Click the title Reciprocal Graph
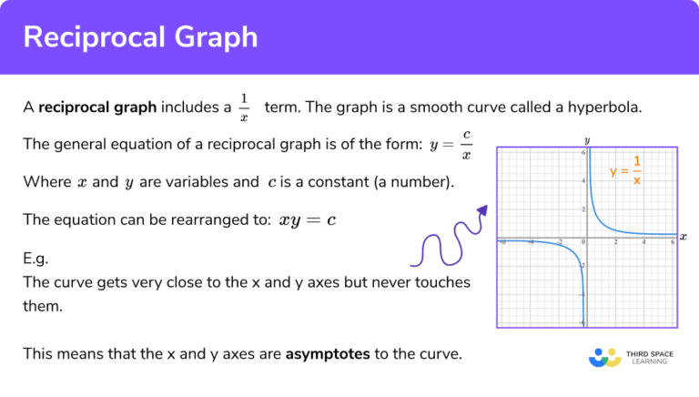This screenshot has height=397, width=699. click(x=140, y=37)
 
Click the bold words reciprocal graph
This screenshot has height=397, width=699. click(x=97, y=107)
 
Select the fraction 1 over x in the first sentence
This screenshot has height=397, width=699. click(x=243, y=107)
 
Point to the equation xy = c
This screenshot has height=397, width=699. click(x=308, y=219)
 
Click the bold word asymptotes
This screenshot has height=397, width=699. click(x=327, y=353)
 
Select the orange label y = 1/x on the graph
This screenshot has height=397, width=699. click(x=626, y=169)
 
